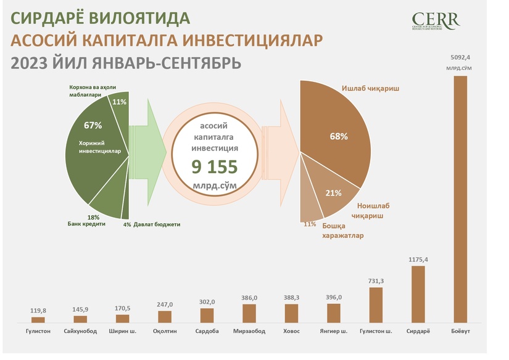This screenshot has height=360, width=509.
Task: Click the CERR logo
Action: (x=435, y=22)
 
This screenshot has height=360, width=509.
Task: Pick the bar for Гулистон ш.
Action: (x=376, y=305)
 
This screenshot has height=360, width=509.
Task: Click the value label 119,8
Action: (x=38, y=311)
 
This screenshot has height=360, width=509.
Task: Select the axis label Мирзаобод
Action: (x=249, y=332)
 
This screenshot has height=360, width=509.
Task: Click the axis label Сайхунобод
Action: (x=80, y=332)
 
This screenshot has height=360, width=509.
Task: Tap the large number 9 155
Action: (x=214, y=166)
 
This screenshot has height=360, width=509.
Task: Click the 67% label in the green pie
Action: (x=93, y=125)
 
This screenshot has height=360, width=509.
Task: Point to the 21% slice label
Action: (x=333, y=193)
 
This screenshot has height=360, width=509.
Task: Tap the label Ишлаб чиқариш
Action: (x=370, y=89)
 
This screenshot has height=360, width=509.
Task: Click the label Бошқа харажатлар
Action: (x=342, y=231)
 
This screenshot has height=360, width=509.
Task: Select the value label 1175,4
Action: (x=418, y=260)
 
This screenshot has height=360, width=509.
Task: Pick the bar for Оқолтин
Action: (x=165, y=316)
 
